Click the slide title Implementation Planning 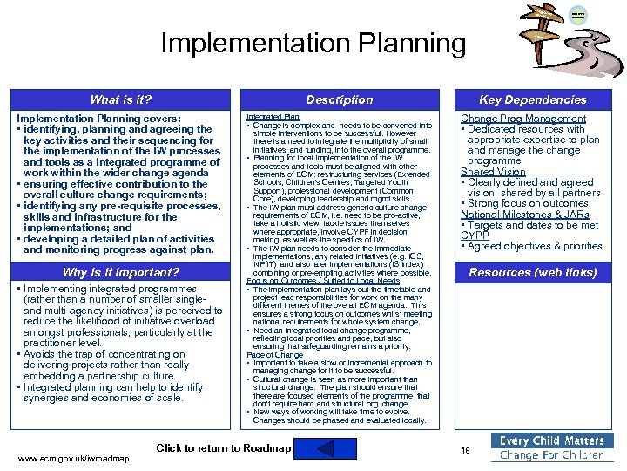click(313, 43)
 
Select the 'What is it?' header click(120, 99)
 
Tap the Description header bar click(339, 99)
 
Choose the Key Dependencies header click(533, 99)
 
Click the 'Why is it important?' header click(120, 272)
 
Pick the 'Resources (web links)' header click(533, 272)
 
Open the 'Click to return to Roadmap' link click(223, 448)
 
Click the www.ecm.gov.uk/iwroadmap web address click(73, 459)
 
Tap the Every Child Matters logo click(551, 447)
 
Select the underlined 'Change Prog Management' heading click(511, 119)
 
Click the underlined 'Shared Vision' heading click(493, 172)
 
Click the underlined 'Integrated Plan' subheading click(273, 116)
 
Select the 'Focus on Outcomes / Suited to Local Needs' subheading click(323, 281)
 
